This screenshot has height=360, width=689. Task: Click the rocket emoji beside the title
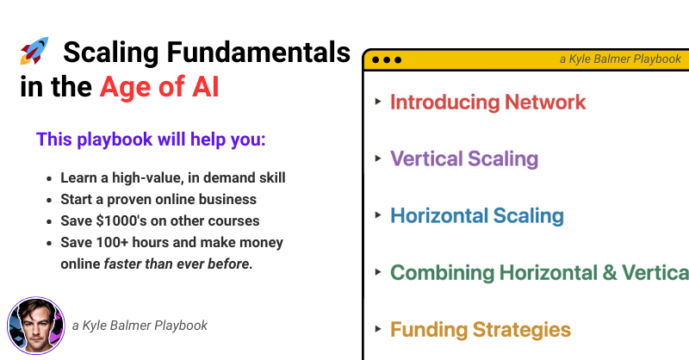coord(34,51)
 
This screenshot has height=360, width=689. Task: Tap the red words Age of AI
coord(159,87)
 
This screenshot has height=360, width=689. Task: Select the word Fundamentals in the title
coord(258,53)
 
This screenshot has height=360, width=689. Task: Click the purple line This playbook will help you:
coord(151,140)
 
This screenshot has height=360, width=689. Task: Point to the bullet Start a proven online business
coord(158,199)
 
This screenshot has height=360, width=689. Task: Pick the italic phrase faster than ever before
coord(178,264)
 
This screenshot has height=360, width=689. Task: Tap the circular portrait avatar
coord(36,326)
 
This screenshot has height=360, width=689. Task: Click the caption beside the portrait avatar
coord(140,326)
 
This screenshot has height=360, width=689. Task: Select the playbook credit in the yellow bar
coord(620,59)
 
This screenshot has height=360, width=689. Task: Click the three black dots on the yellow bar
coord(387,59)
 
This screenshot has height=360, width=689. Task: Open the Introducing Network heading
coord(487,102)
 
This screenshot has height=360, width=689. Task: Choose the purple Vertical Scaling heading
coord(464,158)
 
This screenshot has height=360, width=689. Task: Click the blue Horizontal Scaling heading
coord(477,215)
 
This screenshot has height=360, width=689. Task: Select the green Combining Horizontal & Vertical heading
coord(540,272)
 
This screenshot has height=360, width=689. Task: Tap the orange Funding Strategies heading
coord(481,330)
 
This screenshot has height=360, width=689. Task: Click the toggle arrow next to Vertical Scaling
coord(378,158)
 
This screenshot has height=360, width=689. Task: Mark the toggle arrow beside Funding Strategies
coord(378,329)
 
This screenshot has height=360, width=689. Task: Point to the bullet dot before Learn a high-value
coord(49,178)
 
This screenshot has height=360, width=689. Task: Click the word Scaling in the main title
coord(111,53)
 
